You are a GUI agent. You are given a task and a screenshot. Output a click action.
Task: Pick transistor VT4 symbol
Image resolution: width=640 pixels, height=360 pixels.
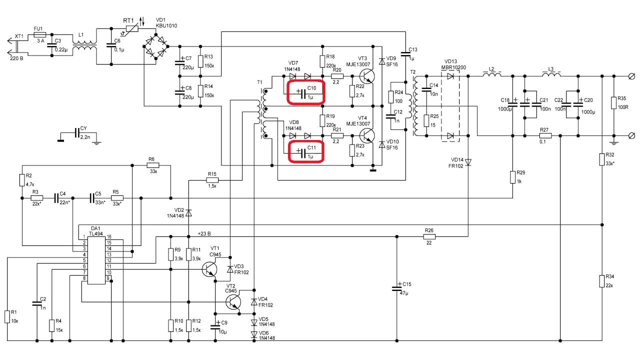[x=367, y=135]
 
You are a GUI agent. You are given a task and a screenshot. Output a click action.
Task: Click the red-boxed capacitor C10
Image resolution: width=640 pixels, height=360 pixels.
[x=305, y=92]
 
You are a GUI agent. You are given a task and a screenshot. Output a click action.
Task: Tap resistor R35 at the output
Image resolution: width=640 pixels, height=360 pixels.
[x=614, y=102]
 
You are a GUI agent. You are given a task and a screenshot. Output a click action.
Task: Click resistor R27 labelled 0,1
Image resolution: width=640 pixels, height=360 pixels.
[x=545, y=135]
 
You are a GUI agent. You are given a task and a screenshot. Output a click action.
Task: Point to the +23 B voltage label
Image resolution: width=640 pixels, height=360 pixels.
[x=204, y=233]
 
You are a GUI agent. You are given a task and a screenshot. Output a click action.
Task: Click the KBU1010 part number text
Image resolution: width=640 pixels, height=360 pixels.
[x=166, y=25]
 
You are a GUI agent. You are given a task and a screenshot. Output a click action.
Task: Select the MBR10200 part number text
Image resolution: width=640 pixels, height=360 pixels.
[x=453, y=67]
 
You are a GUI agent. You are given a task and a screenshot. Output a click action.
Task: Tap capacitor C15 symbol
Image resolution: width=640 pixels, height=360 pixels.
[x=396, y=289]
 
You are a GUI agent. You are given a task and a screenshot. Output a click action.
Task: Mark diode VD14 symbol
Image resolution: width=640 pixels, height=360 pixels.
[x=468, y=162]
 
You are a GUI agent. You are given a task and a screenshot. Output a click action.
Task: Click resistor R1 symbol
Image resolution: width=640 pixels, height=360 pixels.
[x=7, y=316]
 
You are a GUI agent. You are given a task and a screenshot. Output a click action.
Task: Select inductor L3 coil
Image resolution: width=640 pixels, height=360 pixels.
[x=551, y=76]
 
